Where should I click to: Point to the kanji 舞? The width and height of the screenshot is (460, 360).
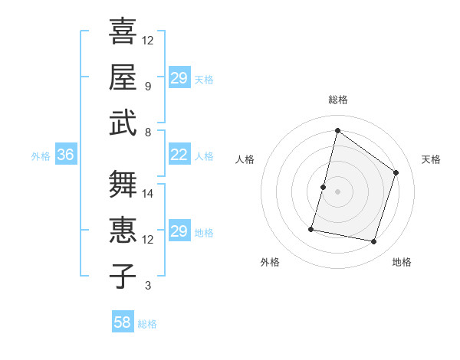point(123,184)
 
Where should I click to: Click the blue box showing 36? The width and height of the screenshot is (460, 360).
point(65,155)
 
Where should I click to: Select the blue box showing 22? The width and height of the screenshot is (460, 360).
point(179,155)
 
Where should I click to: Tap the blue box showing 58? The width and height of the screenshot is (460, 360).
point(123,322)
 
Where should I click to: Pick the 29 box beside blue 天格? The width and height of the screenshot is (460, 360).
point(179,78)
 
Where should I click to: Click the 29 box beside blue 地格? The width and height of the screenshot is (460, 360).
point(179,231)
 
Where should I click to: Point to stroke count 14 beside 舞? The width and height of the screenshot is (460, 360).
point(149,194)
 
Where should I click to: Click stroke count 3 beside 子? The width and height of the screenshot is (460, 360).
point(148,286)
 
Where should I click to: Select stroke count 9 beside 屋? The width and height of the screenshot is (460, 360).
point(148,87)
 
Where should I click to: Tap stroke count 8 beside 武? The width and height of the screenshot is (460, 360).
point(148,132)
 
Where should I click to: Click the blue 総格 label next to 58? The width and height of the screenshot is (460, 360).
point(147,324)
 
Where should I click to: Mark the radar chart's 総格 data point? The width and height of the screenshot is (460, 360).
point(337,131)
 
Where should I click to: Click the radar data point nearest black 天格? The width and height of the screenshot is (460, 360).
point(396,172)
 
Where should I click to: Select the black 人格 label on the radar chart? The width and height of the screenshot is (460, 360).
point(245,159)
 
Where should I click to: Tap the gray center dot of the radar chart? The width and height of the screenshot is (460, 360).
point(337,191)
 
